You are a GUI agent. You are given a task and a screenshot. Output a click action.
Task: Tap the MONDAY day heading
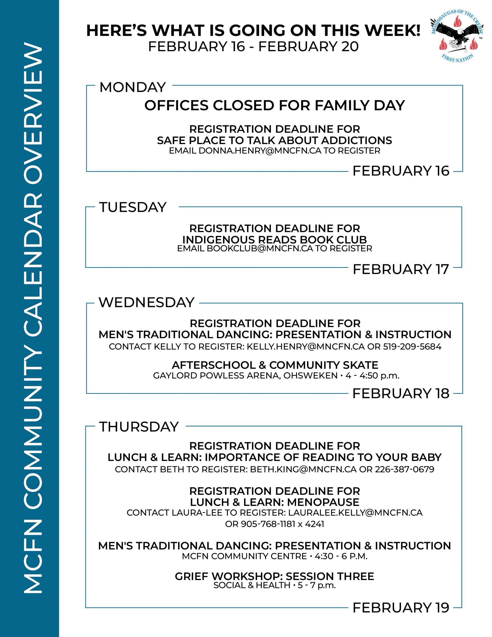pos(132,87)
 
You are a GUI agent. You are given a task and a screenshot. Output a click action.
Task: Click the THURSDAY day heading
pos(139,427)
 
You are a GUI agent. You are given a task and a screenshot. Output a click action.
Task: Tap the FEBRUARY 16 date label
pos(401,171)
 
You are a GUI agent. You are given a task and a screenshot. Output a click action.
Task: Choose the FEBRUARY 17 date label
pos(401,269)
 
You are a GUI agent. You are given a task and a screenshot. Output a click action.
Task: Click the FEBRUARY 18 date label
pos(401,393)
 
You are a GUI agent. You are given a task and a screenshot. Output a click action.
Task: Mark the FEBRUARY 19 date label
pos(401,608)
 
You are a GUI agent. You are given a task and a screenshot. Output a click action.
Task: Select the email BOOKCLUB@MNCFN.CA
pos(260,249)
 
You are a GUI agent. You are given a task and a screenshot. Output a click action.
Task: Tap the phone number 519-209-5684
pos(412,347)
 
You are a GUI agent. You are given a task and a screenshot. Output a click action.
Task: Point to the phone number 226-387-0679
pos(404,469)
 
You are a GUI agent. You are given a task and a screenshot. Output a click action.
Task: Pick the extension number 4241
pos(314,524)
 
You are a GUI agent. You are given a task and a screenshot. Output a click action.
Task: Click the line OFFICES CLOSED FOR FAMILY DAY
pos(274,105)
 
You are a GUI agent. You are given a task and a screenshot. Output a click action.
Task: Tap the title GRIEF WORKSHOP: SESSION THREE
pos(274,576)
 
